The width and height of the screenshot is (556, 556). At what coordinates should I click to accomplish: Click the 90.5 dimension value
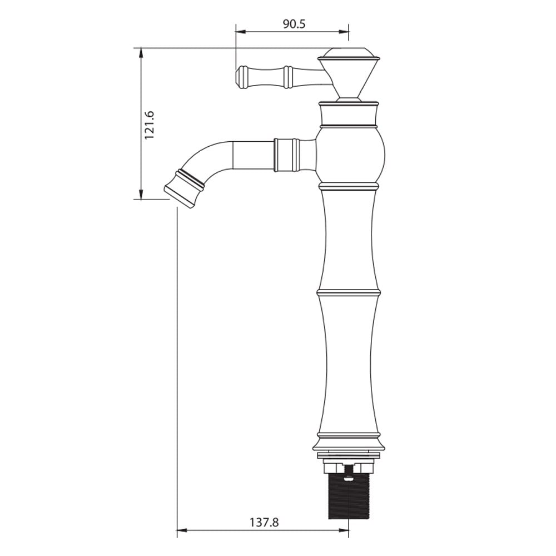coord(294,24)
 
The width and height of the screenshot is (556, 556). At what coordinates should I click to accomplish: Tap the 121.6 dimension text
coord(149,125)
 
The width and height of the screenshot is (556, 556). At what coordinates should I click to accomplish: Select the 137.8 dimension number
coord(264,522)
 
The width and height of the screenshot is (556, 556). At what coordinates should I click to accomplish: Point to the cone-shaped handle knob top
coord(349,73)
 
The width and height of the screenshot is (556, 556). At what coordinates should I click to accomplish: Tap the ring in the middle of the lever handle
coord(287,77)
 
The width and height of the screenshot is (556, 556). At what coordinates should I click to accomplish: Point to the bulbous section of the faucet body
coord(349,156)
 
